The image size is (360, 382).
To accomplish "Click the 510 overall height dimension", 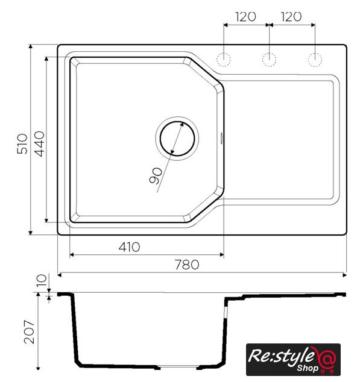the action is coord(22,144).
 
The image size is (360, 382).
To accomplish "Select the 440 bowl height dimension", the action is coord(39,144).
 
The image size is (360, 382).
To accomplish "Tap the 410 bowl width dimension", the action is coord(129,247).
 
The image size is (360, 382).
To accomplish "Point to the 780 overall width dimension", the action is coord(187,265).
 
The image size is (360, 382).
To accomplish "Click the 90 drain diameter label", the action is coord(156,176).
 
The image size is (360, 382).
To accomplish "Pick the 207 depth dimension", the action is coord(29,332).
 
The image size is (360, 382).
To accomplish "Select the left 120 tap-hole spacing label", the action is coord(245,16).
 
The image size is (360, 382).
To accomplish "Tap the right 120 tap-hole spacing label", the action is coord(291,16).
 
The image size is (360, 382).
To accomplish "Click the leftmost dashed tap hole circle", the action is coord(223,60).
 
